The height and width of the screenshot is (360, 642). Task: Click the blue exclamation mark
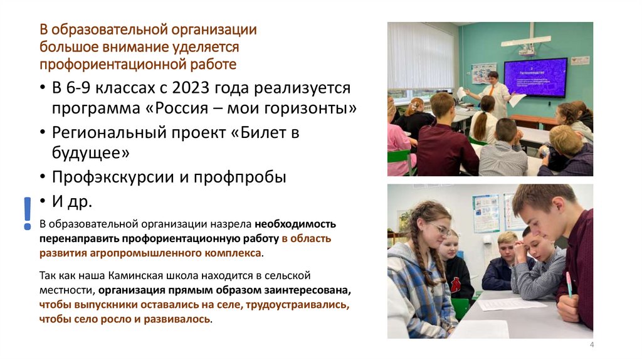27,213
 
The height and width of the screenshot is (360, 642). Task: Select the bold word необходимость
295,224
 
